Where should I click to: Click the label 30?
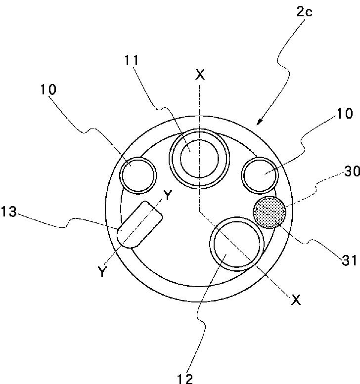(x=352, y=171)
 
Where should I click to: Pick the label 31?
(x=350, y=260)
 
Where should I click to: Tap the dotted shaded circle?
(x=270, y=212)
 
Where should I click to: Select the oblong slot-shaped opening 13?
(x=139, y=224)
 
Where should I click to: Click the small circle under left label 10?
(x=138, y=175)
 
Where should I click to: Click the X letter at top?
(x=200, y=75)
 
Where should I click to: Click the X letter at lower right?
(x=295, y=299)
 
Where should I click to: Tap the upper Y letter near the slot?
(x=168, y=196)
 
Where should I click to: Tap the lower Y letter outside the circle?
(x=102, y=271)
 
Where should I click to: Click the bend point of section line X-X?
(x=199, y=209)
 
